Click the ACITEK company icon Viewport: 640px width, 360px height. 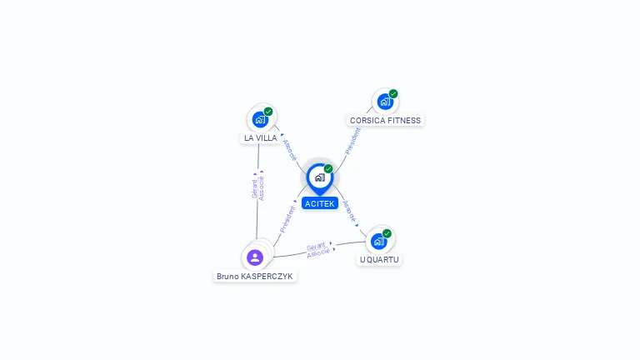pos(319,177)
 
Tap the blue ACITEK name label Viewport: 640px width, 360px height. pos(320,203)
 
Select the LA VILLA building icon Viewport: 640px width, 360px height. pos(260,120)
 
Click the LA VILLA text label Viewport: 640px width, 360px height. pos(261,137)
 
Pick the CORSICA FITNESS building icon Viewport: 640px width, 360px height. pos(384,102)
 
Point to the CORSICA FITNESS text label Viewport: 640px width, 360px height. pos(385,120)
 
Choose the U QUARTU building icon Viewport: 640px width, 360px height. pos(379,242)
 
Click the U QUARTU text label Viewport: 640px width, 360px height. pos(379,259)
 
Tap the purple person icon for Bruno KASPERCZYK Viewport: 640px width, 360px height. pos(255,257)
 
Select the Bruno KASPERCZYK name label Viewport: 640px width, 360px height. pos(255,276)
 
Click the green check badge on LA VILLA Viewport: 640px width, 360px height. pos(268,112)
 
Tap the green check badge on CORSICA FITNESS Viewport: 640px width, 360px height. pos(393,93)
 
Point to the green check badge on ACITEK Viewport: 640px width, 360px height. pos(328,168)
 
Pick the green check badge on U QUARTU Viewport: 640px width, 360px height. pos(387,233)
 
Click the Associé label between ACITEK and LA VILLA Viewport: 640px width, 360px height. pos(288,148)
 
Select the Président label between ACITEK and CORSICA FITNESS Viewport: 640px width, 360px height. pos(352,141)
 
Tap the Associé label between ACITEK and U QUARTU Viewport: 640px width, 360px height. pos(350,212)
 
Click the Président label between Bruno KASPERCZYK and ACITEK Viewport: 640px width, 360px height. pos(287,218)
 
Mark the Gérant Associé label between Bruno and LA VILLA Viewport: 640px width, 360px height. pos(258,187)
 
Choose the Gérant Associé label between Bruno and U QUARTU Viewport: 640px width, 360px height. pos(317,249)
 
